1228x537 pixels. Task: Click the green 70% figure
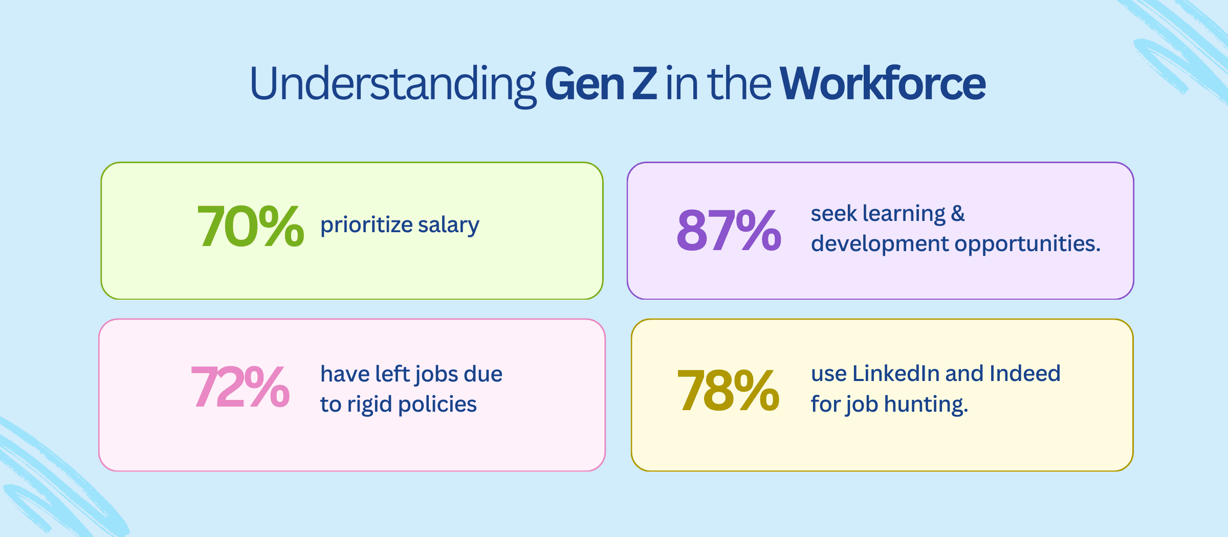click(x=250, y=226)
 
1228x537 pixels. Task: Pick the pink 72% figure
click(x=240, y=387)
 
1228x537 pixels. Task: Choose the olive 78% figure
click(x=728, y=391)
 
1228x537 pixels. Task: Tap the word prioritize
click(x=366, y=225)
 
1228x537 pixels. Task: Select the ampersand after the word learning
click(x=958, y=213)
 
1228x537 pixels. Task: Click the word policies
click(x=437, y=405)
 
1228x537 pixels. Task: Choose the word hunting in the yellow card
click(x=926, y=404)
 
